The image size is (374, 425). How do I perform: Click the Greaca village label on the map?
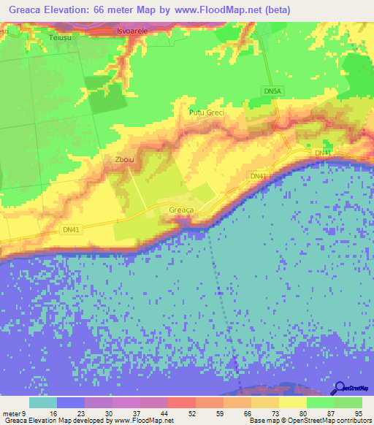pos(181,210)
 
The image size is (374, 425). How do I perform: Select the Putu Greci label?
pos(207,113)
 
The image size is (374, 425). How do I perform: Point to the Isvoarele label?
pos(133,32)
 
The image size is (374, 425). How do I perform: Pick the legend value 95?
pos(358,413)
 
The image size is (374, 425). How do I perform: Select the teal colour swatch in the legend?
pos(43,402)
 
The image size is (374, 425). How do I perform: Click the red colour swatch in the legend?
pos(181,402)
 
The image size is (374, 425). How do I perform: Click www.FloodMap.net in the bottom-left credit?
pos(143,421)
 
